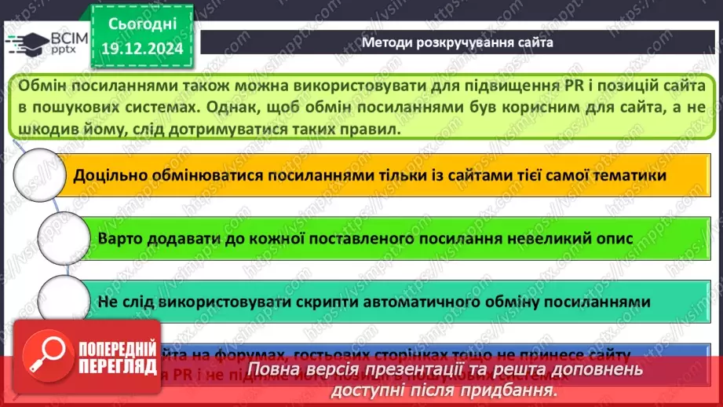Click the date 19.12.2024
tap(141, 49)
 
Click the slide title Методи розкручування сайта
tap(458, 42)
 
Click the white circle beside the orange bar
tap(38, 175)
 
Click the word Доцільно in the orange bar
tap(109, 175)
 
